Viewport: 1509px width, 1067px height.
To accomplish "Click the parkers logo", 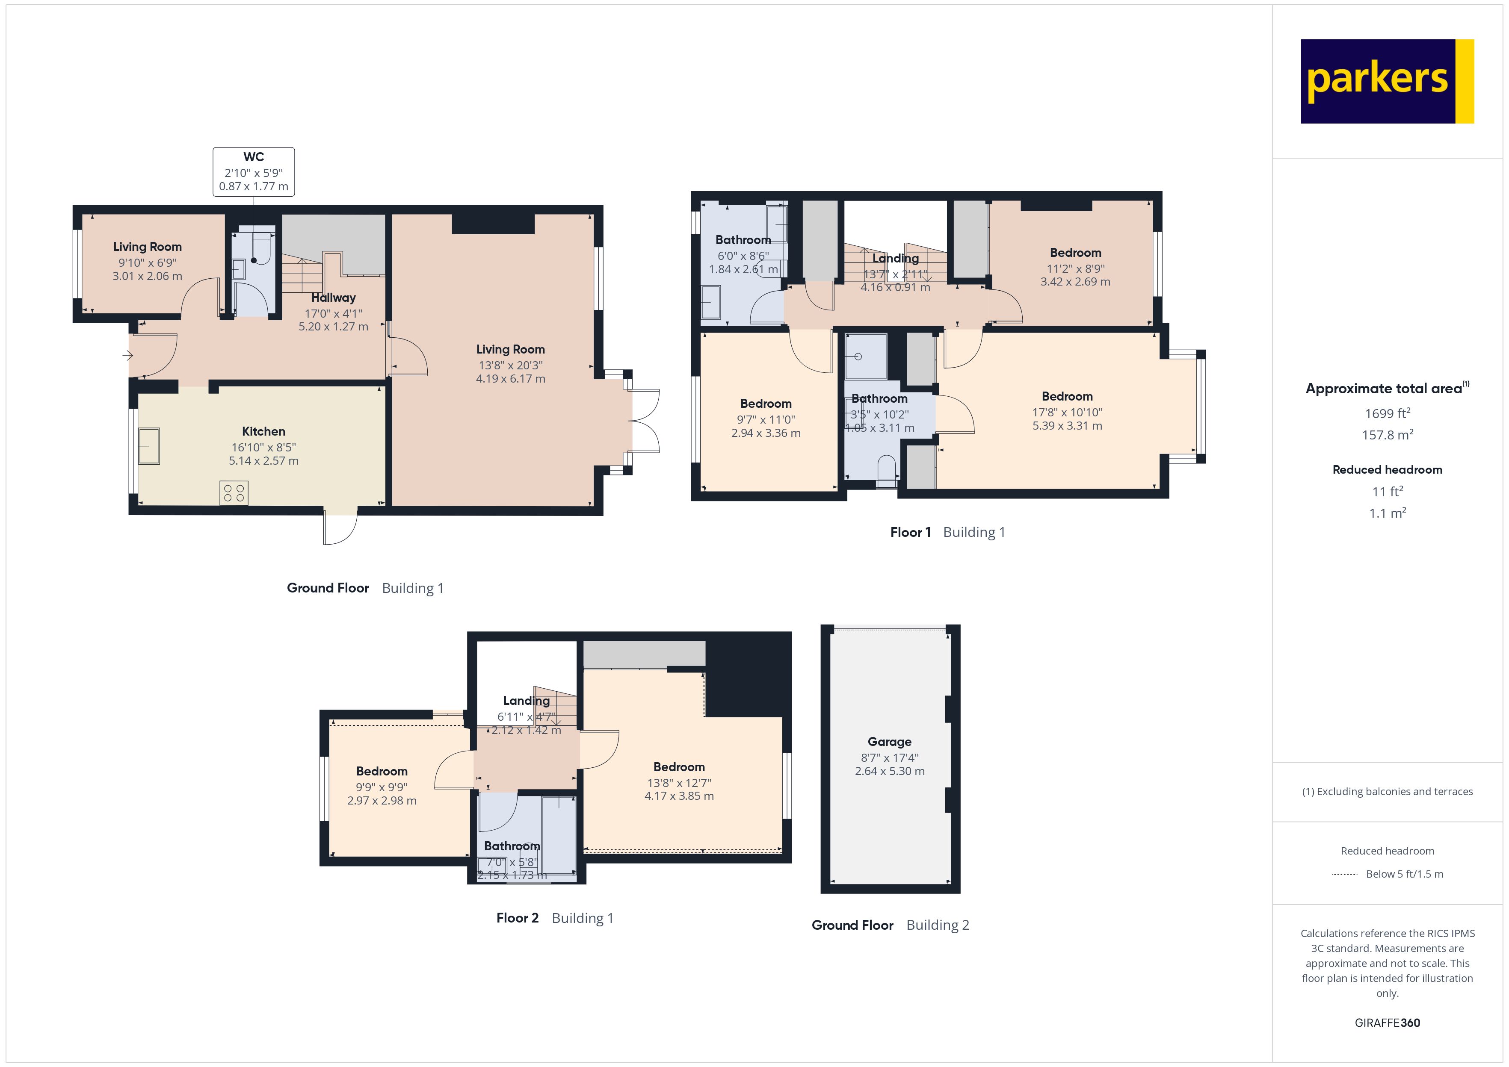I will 1387,82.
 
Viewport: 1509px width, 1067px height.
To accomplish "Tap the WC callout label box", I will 253,171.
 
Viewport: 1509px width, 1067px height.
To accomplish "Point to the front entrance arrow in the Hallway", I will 127,355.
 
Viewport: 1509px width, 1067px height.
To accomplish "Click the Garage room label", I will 889,742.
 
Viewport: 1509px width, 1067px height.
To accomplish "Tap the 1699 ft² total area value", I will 1387,413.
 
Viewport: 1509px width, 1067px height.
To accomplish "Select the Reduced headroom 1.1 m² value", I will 1387,513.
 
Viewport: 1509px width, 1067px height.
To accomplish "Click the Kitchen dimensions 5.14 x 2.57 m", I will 263,460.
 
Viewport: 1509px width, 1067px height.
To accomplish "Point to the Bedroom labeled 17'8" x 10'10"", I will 1067,397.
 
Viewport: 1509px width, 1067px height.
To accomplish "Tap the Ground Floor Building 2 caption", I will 890,925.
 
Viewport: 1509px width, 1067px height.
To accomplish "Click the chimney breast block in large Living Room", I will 493,224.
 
